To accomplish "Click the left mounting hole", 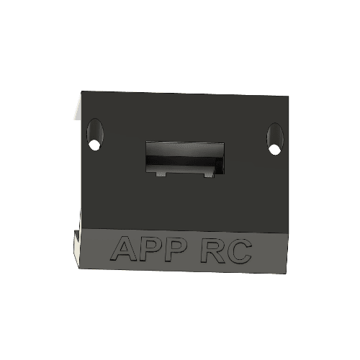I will click(x=94, y=135).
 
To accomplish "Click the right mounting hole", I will click(x=274, y=139).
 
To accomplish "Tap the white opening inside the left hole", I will click(x=94, y=145).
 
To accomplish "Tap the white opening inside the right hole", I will click(x=274, y=149).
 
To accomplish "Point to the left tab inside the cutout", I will click(x=161, y=173).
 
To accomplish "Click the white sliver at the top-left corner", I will click(x=75, y=109).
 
